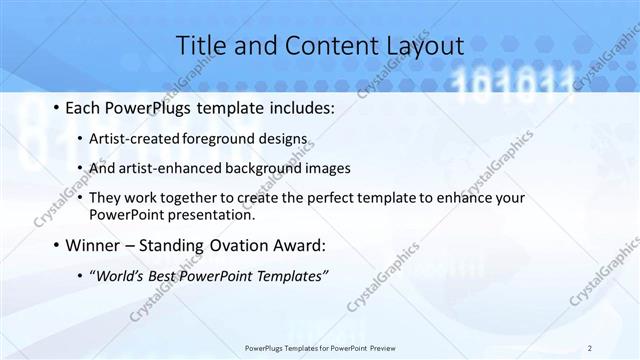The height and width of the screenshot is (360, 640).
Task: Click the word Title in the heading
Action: click(202, 45)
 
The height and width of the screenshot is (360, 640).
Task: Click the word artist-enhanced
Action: click(165, 167)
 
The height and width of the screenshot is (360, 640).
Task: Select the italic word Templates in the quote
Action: click(290, 276)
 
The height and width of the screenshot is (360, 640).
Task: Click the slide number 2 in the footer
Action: click(590, 348)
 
